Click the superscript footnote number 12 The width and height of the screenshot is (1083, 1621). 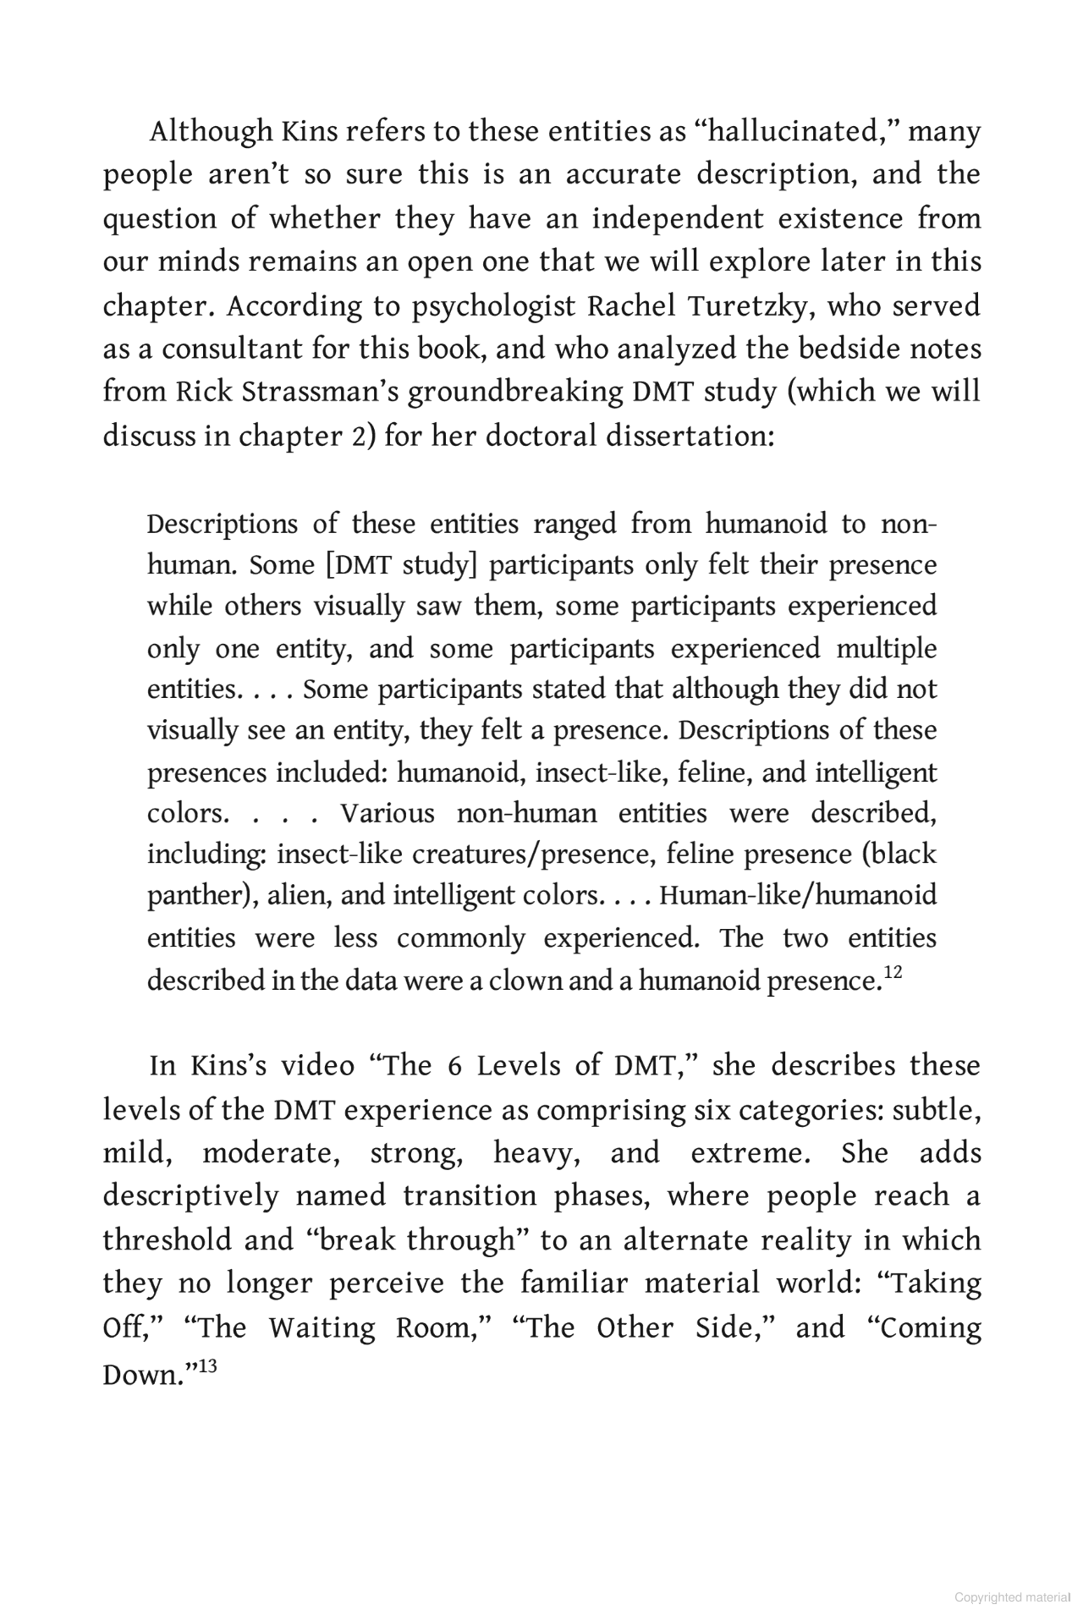tap(893, 974)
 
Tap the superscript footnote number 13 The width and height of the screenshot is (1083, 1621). tap(207, 1365)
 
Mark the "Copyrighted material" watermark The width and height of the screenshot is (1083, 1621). tap(1012, 1597)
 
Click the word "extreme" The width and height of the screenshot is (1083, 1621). tap(745, 1153)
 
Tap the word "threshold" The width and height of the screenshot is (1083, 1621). tap(167, 1240)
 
